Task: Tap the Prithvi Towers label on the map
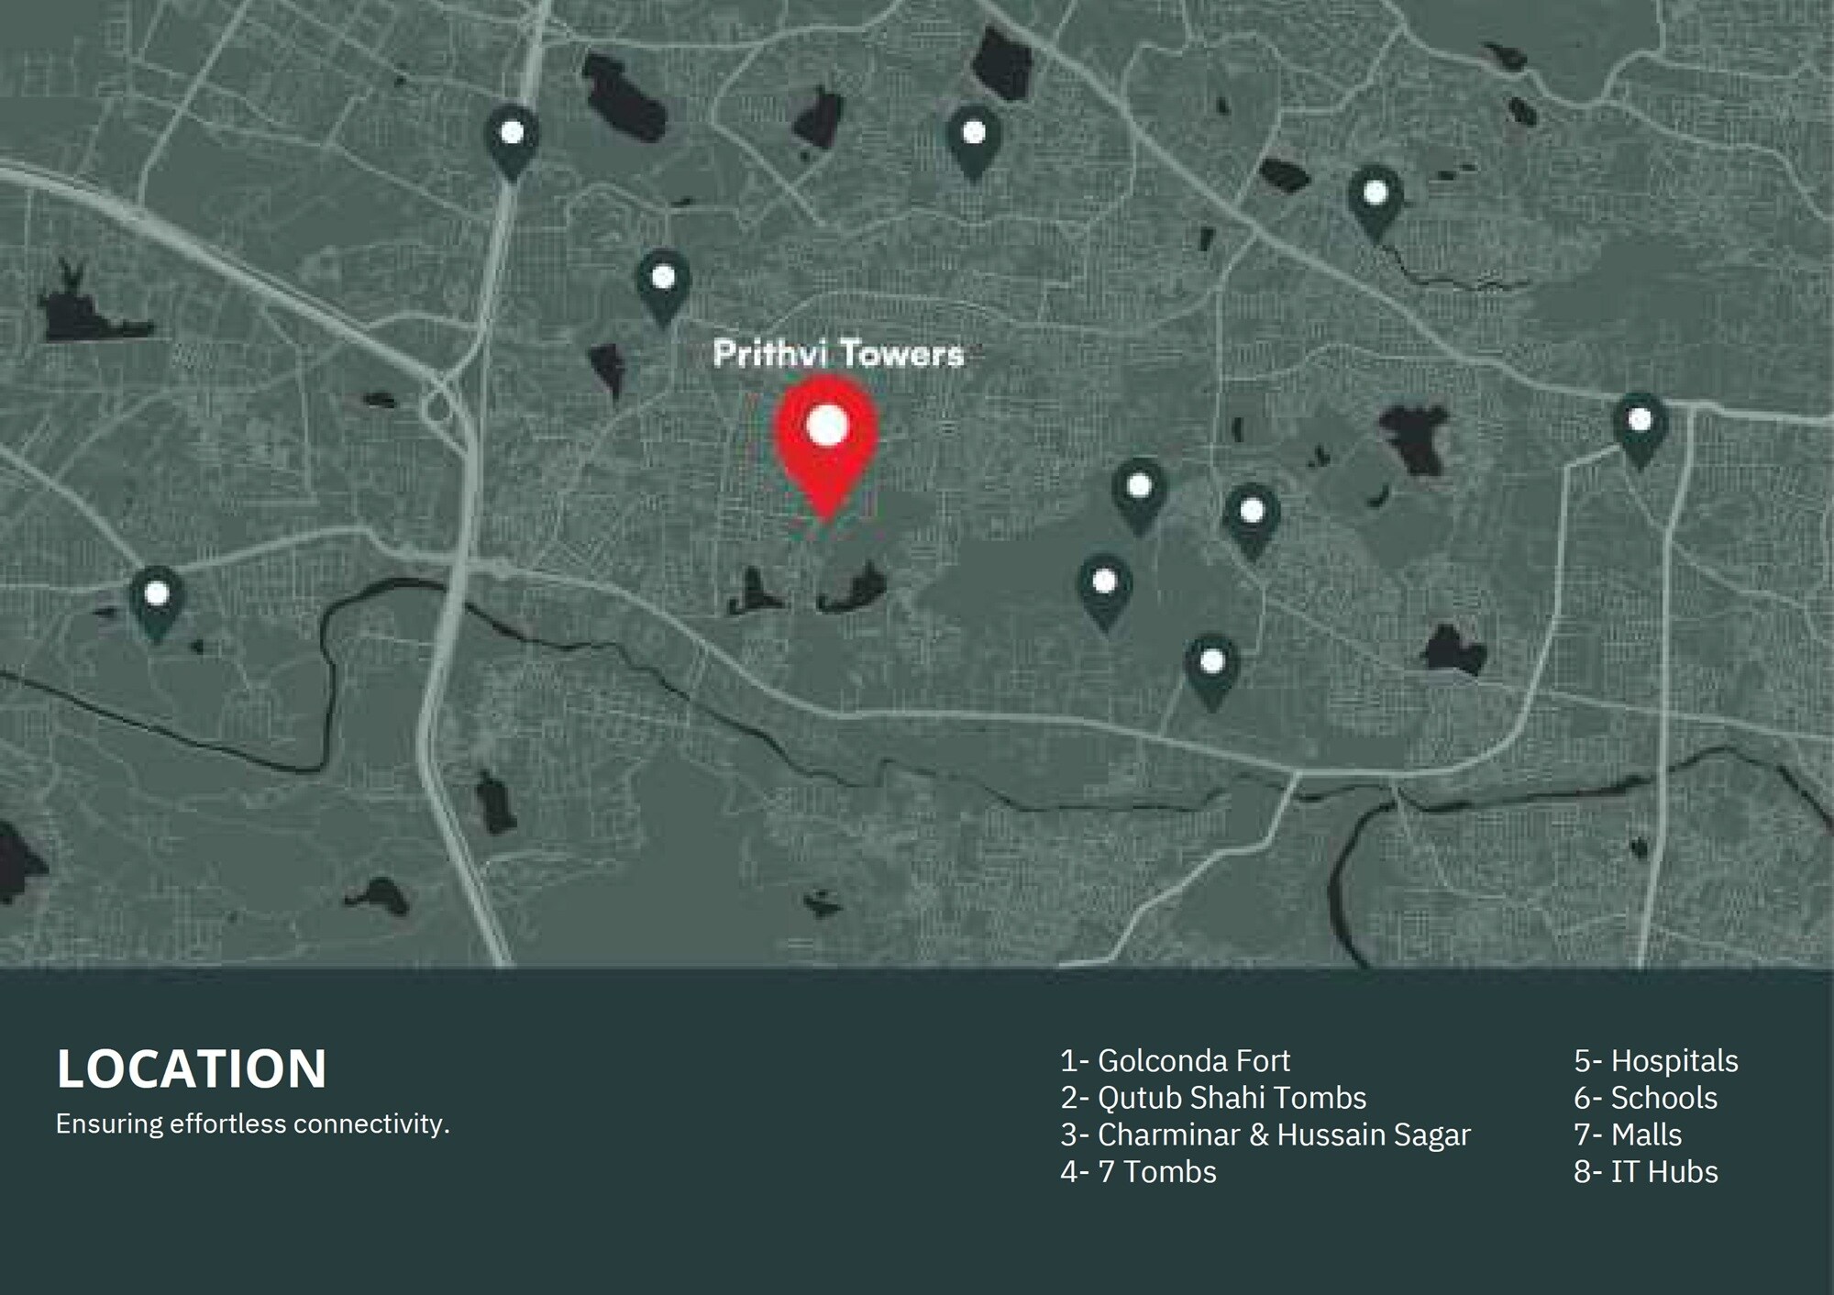coord(838,354)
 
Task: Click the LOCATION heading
coord(192,1068)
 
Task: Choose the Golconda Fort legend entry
coord(1175,1061)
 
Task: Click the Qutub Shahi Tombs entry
coord(1212,1098)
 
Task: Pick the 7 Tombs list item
coord(1138,1172)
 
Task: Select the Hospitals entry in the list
coord(1655,1061)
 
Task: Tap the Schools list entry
coord(1645,1098)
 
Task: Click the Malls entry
coord(1628,1135)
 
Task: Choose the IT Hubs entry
coord(1645,1172)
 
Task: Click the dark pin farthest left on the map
coord(157,599)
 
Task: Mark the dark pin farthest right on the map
coord(1640,426)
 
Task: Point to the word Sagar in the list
coord(1431,1135)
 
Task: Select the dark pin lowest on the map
coord(1212,667)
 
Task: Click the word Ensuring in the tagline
coord(110,1123)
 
